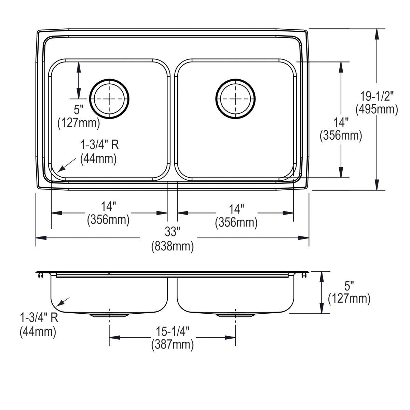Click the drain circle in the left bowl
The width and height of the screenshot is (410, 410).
click(x=109, y=99)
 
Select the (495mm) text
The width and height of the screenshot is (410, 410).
click(x=377, y=109)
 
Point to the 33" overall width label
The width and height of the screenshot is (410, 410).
click(x=172, y=232)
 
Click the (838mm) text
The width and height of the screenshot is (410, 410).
click(x=173, y=246)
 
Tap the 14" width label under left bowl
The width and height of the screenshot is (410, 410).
click(x=109, y=206)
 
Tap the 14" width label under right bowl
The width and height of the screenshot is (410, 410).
click(x=236, y=209)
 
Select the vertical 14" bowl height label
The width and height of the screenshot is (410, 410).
click(x=341, y=122)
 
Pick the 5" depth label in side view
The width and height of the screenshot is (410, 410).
click(x=349, y=285)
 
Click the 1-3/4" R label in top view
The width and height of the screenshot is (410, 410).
click(x=99, y=145)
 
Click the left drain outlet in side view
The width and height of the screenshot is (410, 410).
click(x=109, y=315)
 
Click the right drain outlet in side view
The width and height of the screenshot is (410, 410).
click(x=235, y=315)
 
